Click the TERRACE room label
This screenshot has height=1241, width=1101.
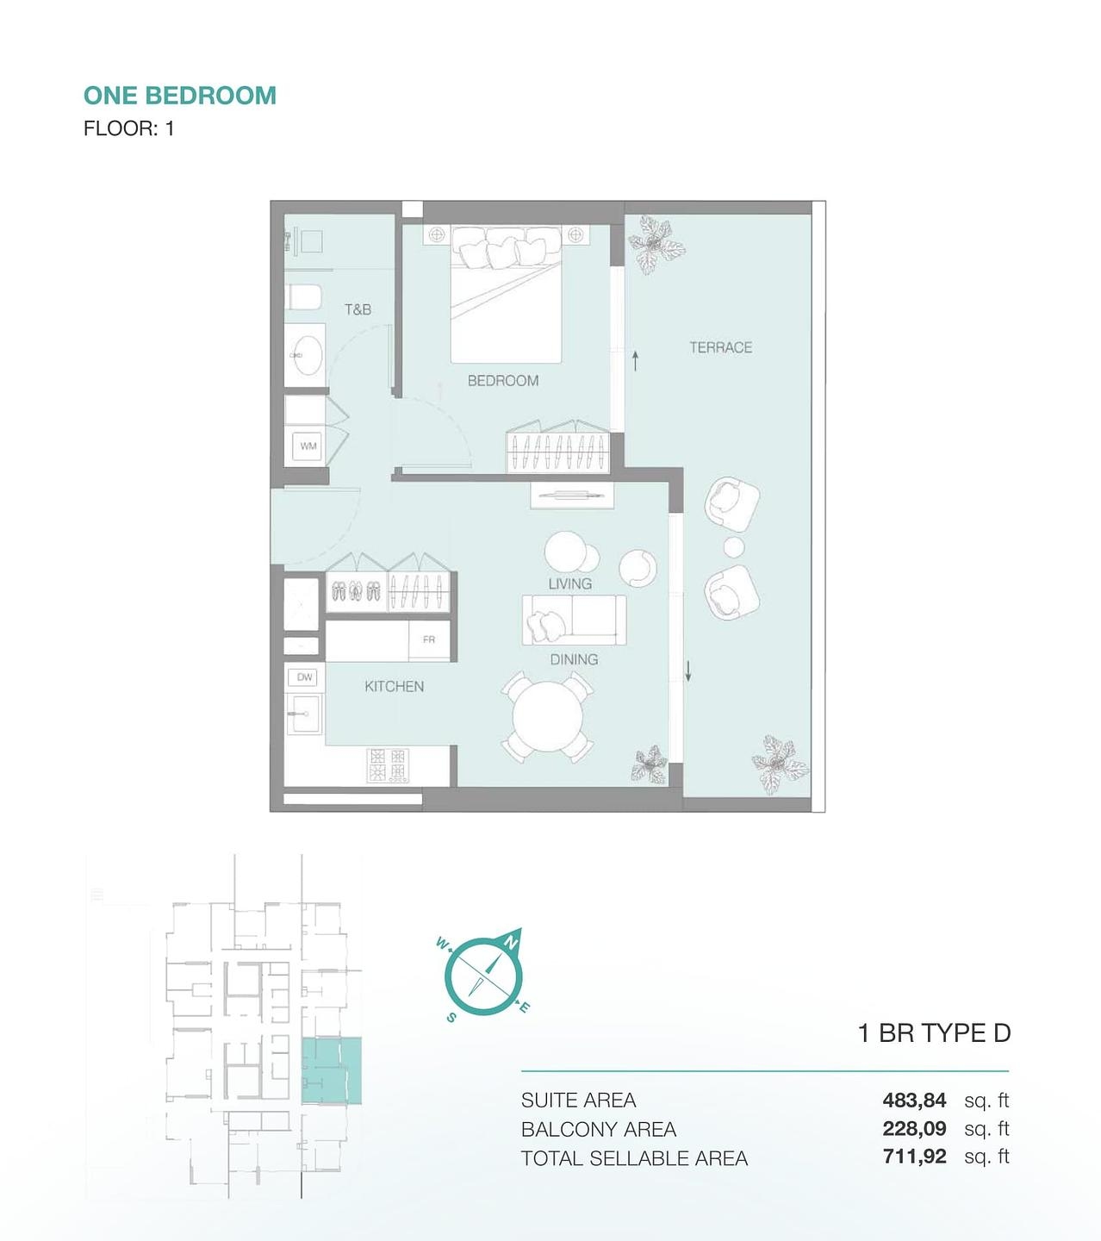721,347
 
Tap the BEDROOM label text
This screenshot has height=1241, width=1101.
503,380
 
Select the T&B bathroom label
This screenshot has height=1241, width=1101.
358,309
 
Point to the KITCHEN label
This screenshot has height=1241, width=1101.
395,686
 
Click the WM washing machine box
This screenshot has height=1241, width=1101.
308,446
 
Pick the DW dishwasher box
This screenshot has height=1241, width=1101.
304,677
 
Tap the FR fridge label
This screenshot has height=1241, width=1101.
429,639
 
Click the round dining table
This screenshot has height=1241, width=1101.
547,717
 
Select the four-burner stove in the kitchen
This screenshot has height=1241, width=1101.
388,765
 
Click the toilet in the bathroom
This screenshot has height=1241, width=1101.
304,297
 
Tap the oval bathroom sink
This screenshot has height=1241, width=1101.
308,355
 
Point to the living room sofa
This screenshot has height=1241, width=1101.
574,620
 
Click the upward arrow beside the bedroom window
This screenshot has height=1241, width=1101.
635,360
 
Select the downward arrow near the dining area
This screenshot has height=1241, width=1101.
688,670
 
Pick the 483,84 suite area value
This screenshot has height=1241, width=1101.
914,1100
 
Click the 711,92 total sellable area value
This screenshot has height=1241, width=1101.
914,1156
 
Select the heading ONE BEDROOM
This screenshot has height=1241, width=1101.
180,96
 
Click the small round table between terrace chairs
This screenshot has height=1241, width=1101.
734,546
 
